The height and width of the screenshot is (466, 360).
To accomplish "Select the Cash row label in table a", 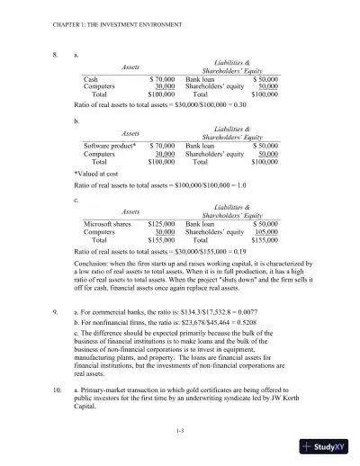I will click(x=91, y=79).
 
